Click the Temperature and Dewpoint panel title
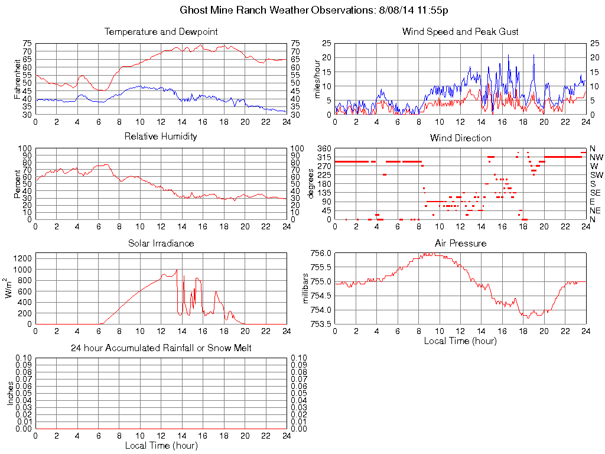point(161,31)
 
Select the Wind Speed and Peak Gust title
point(460,31)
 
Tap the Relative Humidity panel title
point(161,137)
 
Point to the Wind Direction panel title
point(460,138)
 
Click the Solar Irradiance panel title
point(161,243)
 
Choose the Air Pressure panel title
point(460,243)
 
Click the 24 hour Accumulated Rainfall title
point(161,348)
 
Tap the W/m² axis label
point(10,288)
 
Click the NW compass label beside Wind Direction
point(596,157)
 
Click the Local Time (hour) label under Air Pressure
point(460,340)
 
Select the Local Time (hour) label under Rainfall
point(161,445)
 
